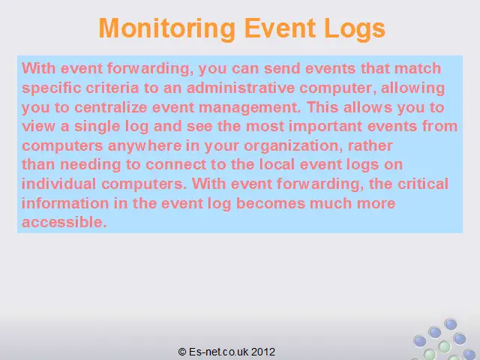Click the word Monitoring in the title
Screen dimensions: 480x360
(166, 29)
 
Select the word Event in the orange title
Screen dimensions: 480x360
(280, 28)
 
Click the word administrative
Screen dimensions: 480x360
(241, 88)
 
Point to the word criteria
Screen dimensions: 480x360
(112, 88)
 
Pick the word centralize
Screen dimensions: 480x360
(110, 107)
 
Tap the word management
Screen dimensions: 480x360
(250, 108)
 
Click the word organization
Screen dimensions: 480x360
(293, 146)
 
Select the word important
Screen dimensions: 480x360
(325, 127)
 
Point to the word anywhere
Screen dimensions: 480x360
(145, 146)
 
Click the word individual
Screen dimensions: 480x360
(59, 184)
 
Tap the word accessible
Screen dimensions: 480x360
(64, 222)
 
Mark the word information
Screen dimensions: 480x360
(65, 203)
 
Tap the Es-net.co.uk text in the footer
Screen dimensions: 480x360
(218, 352)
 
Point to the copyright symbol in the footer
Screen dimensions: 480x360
(182, 352)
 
